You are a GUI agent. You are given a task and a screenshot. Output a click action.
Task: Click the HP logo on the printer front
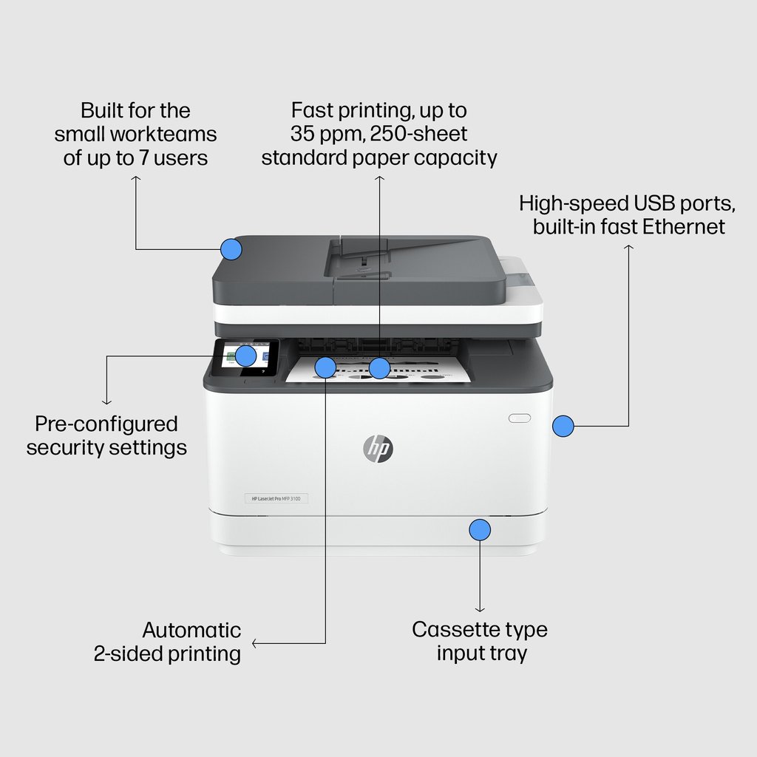click(x=378, y=447)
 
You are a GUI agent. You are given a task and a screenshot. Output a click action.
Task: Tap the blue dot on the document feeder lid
click(x=231, y=248)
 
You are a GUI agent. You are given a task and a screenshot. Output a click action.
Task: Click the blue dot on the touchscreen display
click(x=246, y=356)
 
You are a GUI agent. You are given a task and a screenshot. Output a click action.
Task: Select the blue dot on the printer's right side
click(x=563, y=425)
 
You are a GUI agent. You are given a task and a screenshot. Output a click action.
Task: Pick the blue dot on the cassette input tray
click(x=480, y=529)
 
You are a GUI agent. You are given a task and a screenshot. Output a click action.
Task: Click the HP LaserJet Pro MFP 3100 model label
click(x=276, y=500)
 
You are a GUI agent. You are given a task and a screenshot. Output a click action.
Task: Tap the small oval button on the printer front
click(x=520, y=418)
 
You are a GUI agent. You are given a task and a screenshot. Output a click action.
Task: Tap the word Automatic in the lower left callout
click(x=191, y=630)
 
